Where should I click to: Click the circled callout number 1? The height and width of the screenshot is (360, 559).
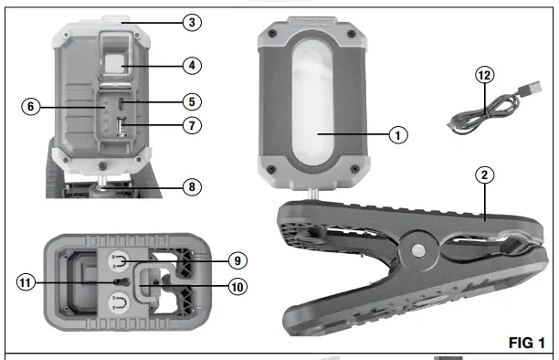398,135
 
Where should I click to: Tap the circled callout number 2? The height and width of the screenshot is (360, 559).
484,175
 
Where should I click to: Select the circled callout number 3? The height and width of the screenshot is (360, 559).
192,23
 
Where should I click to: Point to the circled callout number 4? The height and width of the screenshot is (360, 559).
192,66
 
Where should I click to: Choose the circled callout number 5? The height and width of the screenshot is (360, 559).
192,102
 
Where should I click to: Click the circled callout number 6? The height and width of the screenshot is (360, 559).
31,106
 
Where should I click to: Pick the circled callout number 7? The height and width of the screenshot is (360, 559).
192,125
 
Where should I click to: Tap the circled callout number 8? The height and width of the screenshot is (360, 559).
192,187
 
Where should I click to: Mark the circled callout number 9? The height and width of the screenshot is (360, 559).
237,260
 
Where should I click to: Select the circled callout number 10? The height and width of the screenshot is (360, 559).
237,287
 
